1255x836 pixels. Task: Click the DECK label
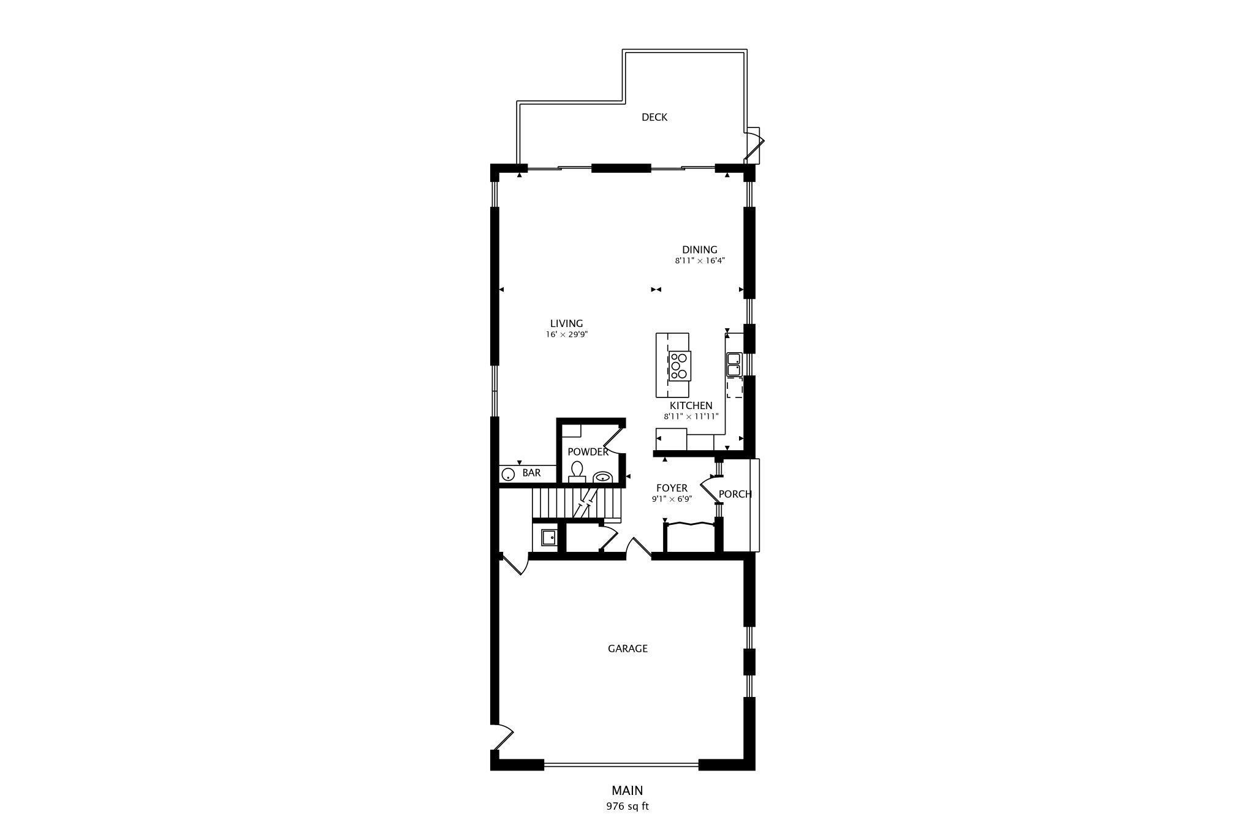click(x=654, y=117)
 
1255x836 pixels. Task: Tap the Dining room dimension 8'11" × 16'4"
click(x=700, y=261)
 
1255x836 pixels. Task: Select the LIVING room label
click(x=566, y=324)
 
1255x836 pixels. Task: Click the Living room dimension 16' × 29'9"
click(x=566, y=335)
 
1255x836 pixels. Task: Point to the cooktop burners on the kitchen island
click(x=679, y=365)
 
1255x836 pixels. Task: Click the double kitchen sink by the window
click(x=734, y=364)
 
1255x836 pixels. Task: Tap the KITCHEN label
click(x=691, y=405)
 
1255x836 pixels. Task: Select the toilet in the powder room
click(x=577, y=471)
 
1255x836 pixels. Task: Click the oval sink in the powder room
click(x=602, y=477)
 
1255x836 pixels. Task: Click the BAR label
click(x=531, y=473)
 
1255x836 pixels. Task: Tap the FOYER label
click(x=672, y=488)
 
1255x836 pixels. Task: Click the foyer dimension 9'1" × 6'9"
click(x=672, y=499)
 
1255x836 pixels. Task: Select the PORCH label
click(x=735, y=494)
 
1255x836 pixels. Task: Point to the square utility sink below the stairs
click(x=548, y=538)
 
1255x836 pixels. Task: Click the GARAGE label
click(x=627, y=649)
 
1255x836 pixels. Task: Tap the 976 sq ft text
click(x=627, y=806)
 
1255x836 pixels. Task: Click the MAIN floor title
click(x=627, y=791)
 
